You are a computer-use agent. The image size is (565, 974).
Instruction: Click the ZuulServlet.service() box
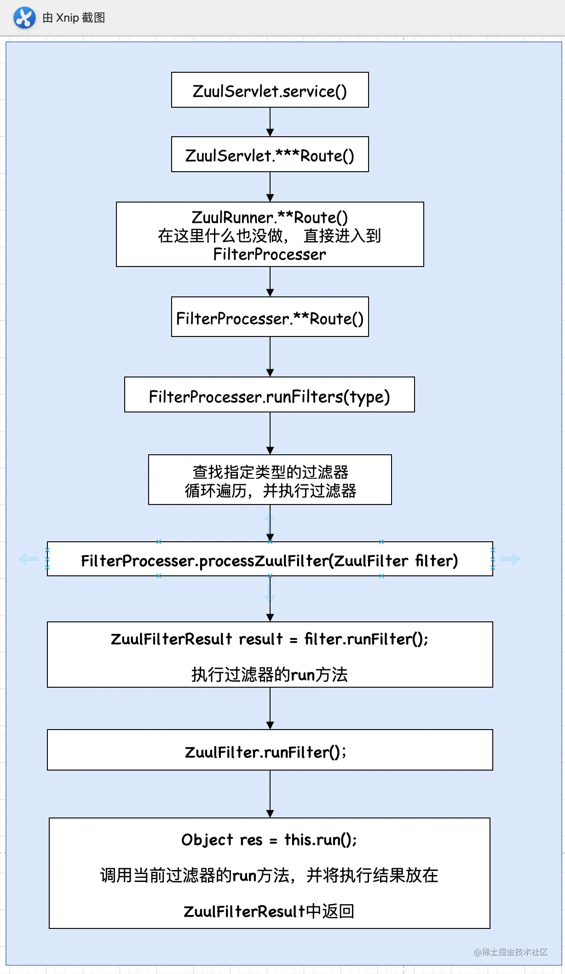[270, 90]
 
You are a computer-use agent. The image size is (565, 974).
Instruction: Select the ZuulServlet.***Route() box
[270, 155]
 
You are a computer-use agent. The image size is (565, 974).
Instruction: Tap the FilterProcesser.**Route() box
[270, 317]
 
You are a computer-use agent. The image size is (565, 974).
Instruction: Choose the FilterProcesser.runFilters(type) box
[269, 395]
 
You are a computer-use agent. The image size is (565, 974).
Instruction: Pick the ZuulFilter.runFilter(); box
[270, 750]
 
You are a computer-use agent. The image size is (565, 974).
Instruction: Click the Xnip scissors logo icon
[24, 18]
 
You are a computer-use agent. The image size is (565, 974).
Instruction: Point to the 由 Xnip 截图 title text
[74, 18]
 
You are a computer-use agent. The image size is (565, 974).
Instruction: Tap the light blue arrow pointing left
[29, 559]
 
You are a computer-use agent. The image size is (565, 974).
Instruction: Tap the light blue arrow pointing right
[511, 559]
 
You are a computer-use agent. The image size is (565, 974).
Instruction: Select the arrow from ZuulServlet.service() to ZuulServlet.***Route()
[270, 122]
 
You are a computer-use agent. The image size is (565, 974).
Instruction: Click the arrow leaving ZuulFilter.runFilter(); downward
[270, 794]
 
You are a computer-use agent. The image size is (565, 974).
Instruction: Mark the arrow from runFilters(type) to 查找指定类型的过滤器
[270, 433]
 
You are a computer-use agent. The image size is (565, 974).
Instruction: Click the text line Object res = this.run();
[269, 840]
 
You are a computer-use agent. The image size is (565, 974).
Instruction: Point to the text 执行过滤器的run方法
[270, 675]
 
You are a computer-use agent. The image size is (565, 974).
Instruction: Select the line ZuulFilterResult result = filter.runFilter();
[270, 639]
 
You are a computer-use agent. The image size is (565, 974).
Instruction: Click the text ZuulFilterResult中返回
[269, 911]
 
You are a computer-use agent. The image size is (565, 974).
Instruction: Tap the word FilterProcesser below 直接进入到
[270, 254]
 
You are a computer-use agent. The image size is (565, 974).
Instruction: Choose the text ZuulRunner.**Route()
[270, 217]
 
